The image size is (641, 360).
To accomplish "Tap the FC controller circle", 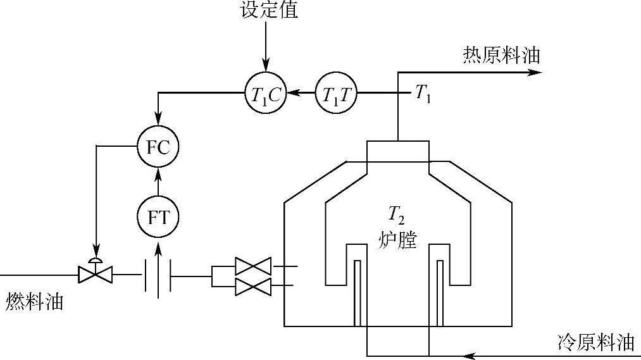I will pos(158,147).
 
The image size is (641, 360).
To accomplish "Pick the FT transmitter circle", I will pos(158,217).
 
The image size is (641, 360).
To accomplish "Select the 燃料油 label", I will pos(35,302).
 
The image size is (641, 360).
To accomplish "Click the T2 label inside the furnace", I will pos(397,217).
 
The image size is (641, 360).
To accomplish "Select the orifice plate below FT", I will pos(158,276).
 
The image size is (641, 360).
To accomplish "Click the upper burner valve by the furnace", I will pos(252,266).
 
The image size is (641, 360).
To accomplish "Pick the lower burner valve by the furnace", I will pos(252,286).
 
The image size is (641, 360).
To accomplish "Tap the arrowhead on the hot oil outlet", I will pos(535,72).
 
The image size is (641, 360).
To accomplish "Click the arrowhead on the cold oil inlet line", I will pos(469,355).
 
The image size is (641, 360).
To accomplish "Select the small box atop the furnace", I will pos(397,151).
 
